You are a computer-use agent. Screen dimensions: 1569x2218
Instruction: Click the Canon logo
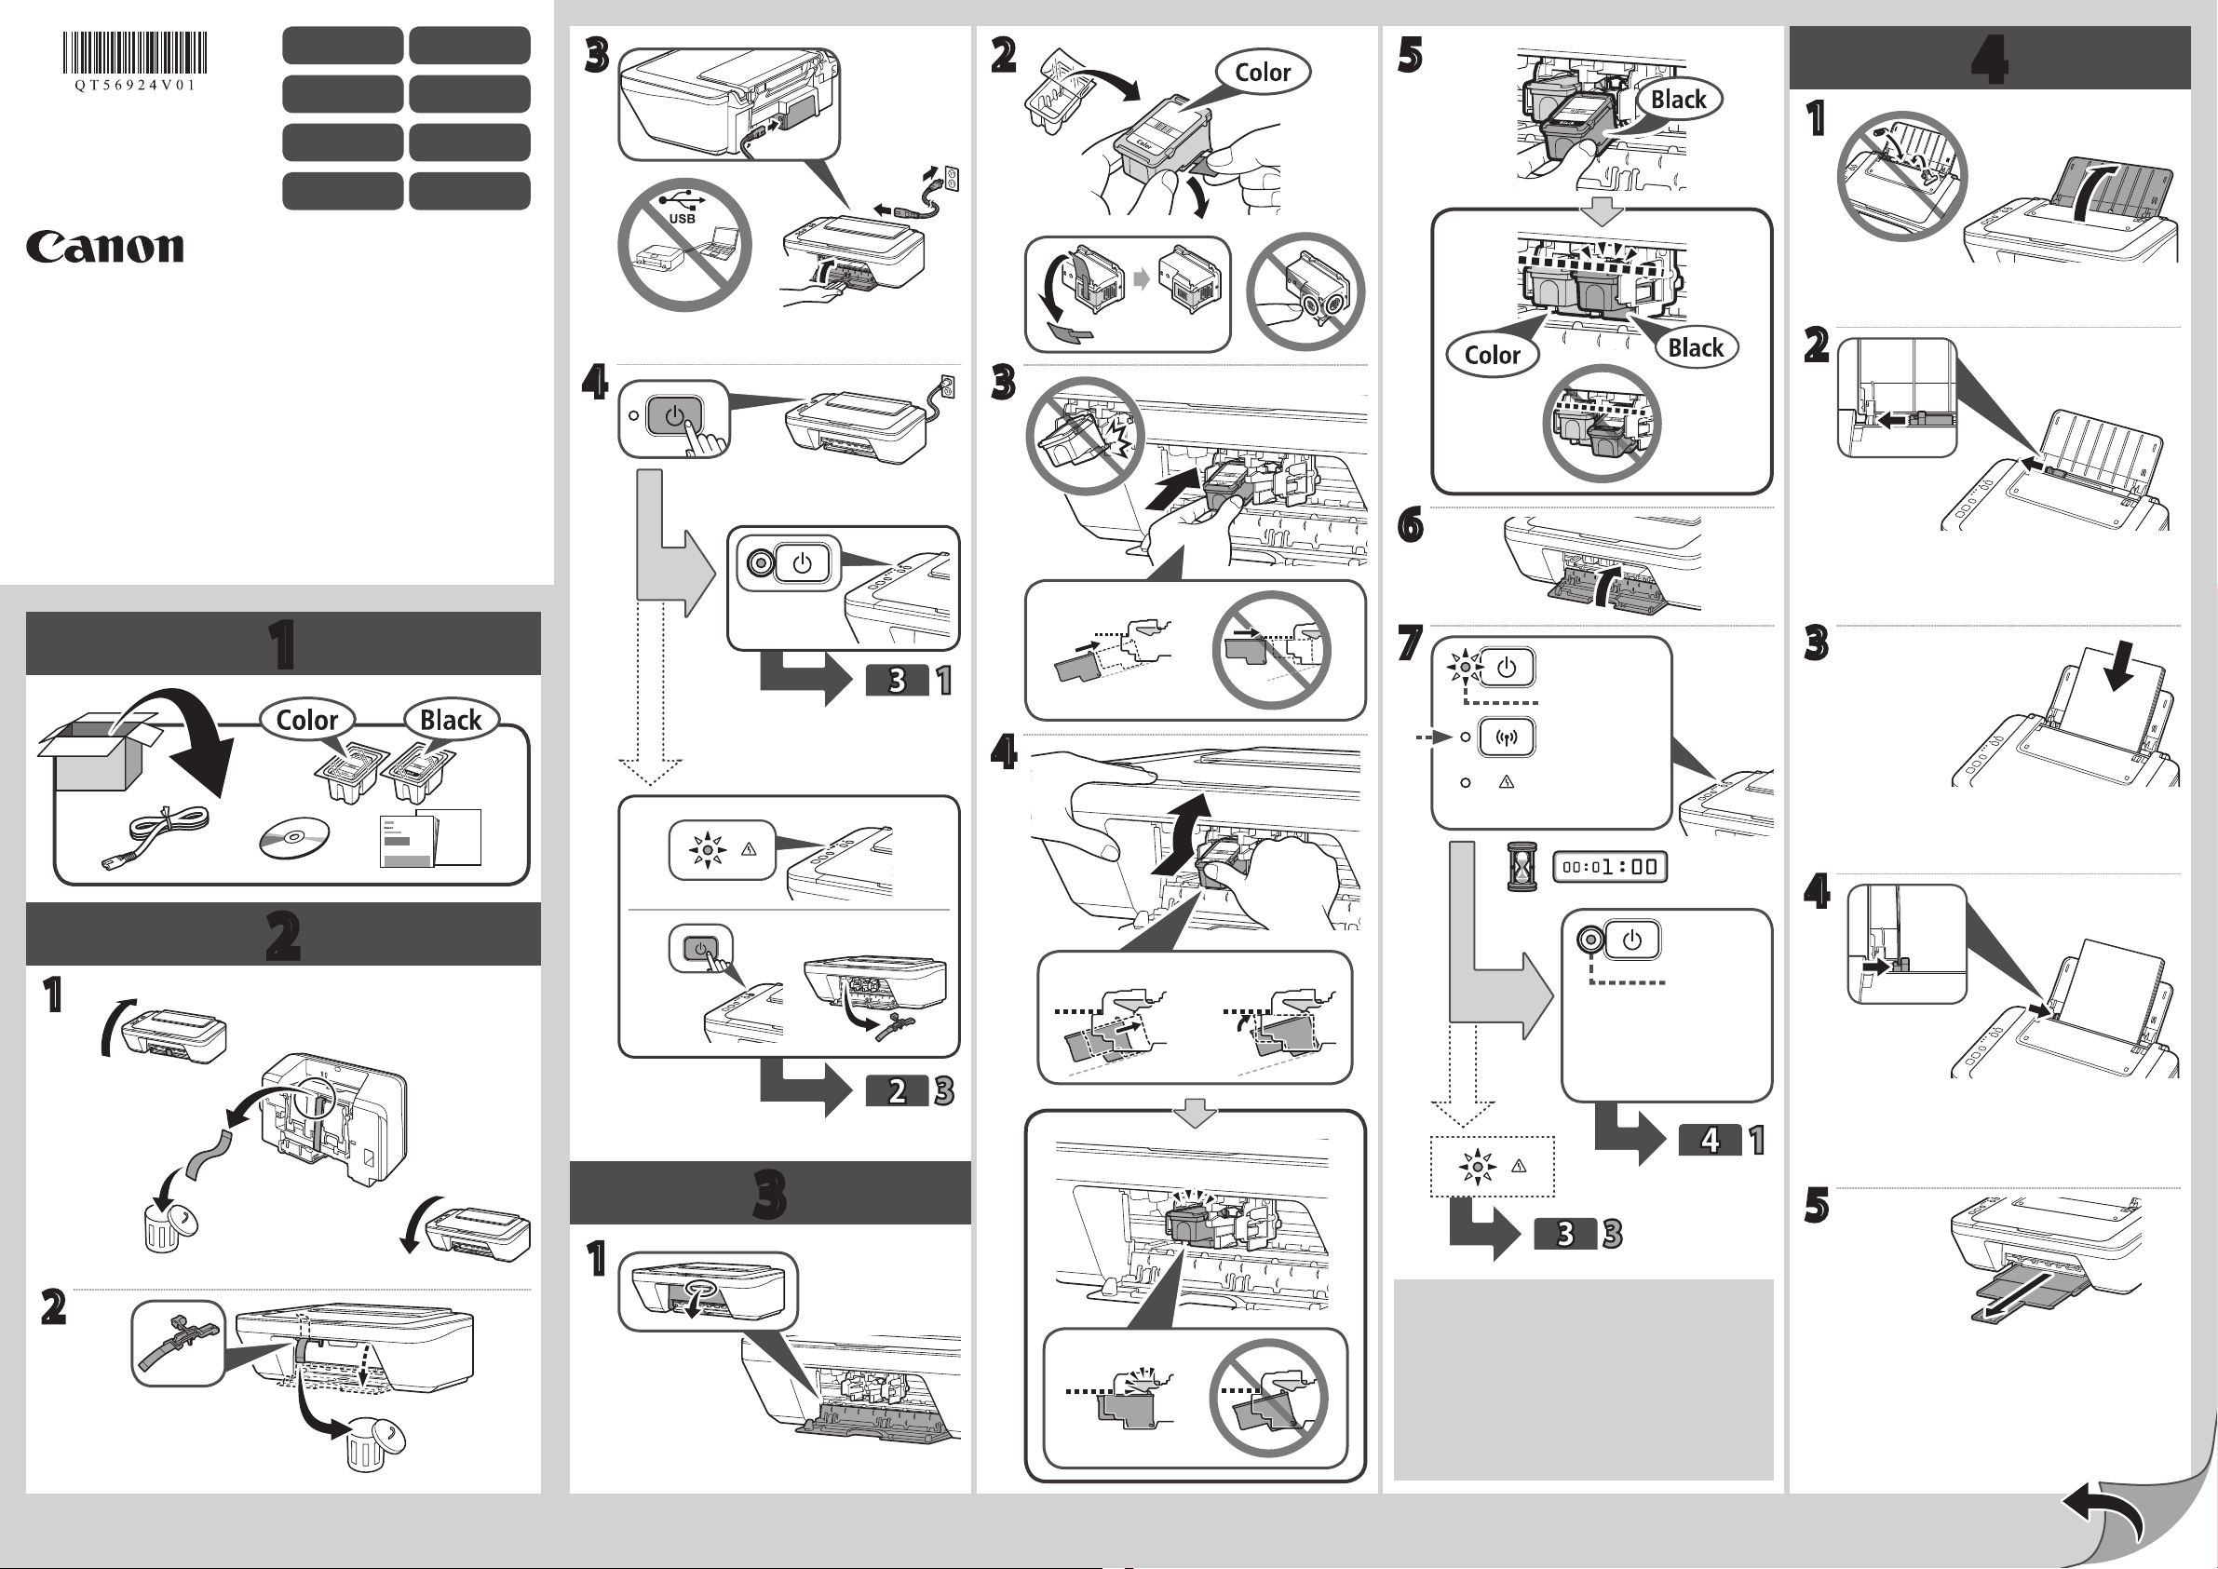point(104,247)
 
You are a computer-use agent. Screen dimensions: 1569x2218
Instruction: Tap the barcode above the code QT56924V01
point(135,52)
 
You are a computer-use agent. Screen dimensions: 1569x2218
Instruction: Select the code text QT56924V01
point(135,85)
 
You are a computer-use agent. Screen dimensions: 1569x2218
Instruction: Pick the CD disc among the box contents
point(293,837)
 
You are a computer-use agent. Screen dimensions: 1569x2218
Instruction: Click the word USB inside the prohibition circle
point(682,218)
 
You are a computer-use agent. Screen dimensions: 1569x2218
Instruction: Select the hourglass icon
point(1521,866)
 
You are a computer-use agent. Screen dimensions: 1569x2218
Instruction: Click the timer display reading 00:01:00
point(1610,867)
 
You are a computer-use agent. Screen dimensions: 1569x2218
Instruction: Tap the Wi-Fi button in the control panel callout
point(1506,738)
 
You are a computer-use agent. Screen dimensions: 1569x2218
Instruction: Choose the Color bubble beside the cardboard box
point(307,720)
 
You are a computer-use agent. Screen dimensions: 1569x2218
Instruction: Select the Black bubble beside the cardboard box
point(450,720)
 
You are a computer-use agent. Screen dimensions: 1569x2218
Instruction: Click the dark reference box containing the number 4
point(1710,1140)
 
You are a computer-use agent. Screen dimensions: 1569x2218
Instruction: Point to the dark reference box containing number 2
point(897,1090)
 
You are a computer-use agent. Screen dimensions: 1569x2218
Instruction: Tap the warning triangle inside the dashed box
point(1519,1166)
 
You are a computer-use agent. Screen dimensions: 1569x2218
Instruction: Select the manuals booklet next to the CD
point(430,837)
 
